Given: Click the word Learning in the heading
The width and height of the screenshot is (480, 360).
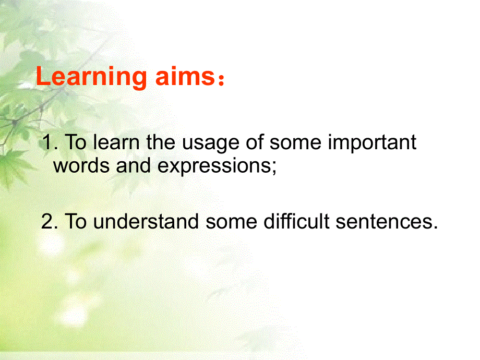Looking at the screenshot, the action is [x=91, y=78].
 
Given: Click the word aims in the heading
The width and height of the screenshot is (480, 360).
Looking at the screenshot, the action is [x=186, y=76].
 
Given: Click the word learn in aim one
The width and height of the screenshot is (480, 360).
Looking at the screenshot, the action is [x=116, y=142].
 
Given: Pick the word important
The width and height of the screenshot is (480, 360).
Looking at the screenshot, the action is [x=372, y=142].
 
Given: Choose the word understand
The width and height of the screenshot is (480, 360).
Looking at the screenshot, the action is [x=146, y=221].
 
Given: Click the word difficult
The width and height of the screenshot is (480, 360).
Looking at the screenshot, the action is [x=296, y=221].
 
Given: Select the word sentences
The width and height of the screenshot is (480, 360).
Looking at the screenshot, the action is [x=384, y=222].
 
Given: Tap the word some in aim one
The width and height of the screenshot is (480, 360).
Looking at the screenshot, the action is [x=295, y=143].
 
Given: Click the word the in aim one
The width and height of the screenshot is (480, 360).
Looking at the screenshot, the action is [x=161, y=142].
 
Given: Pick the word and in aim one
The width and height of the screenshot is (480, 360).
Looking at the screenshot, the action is [x=133, y=165].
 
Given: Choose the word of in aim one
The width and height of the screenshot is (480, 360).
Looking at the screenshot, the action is [x=255, y=142].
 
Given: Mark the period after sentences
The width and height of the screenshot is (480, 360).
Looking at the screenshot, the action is [x=435, y=227].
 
